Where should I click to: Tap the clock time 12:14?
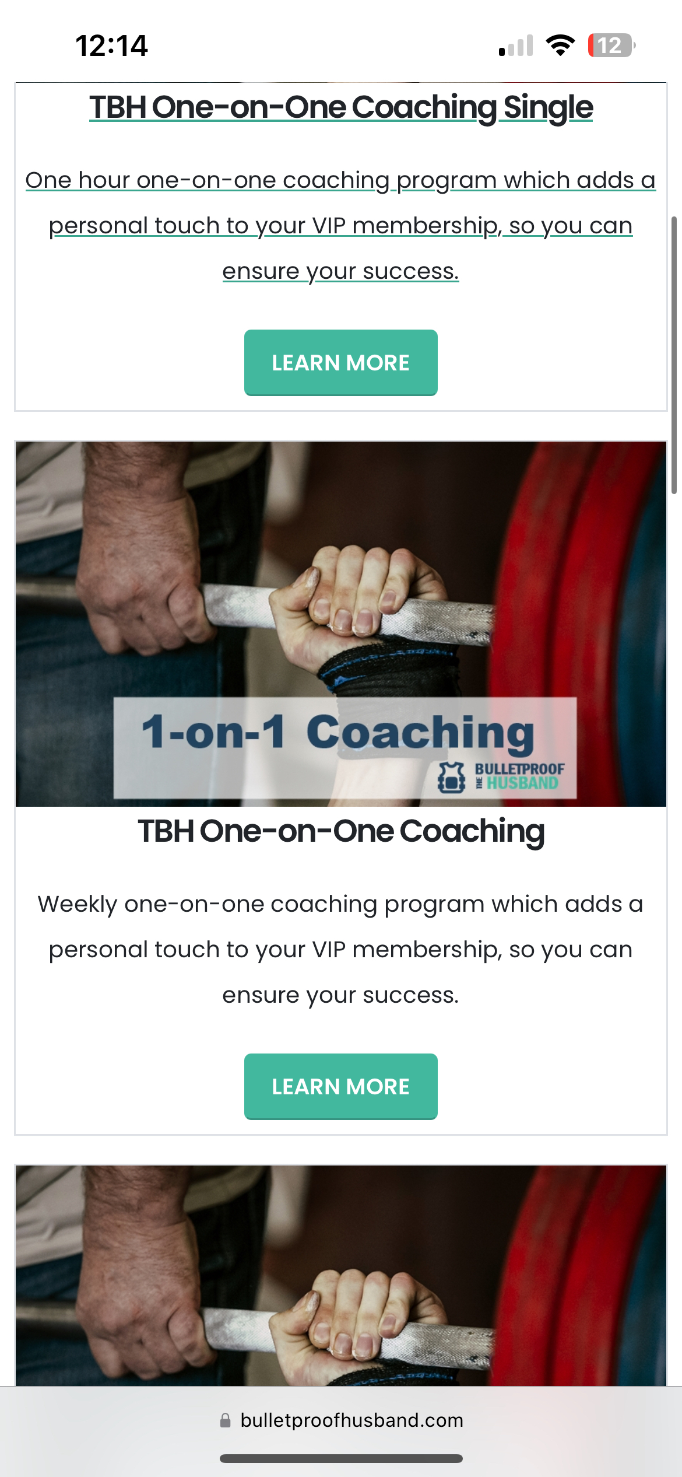coord(111,45)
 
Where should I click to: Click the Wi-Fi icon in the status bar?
coord(560,45)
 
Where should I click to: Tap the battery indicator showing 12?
coord(611,45)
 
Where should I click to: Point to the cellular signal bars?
coord(516,45)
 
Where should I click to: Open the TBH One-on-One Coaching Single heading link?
coord(341,107)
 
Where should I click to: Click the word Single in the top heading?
coord(548,107)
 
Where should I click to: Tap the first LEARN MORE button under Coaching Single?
coord(341,362)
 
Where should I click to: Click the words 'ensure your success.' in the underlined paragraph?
coord(341,272)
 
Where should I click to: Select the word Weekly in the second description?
coord(78,904)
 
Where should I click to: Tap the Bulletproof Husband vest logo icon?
coord(451,777)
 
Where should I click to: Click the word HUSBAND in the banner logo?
coord(522,783)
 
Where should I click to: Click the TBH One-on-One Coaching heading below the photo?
coord(341,831)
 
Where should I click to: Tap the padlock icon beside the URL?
coord(226,1420)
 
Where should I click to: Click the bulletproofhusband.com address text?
coord(352,1420)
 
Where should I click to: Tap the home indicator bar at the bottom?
coord(341,1458)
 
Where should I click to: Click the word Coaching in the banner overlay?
coord(420,733)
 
